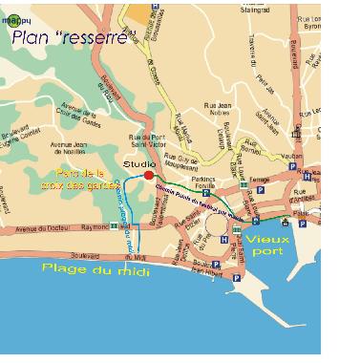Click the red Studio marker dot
[149, 175]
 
